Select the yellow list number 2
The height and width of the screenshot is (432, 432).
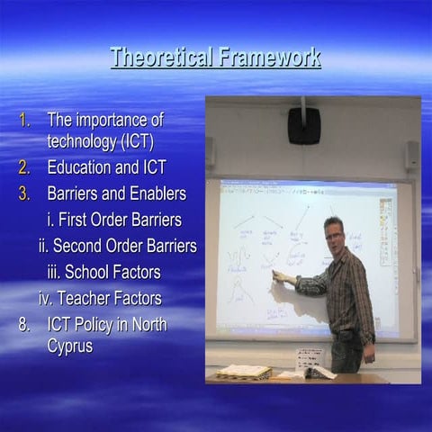coord(25,167)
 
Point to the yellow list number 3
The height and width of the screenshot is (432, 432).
coord(25,193)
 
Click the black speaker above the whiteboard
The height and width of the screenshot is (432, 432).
coord(304,126)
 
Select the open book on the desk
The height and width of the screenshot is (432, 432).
coord(244,371)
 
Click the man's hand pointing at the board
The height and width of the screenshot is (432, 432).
coord(279,277)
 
